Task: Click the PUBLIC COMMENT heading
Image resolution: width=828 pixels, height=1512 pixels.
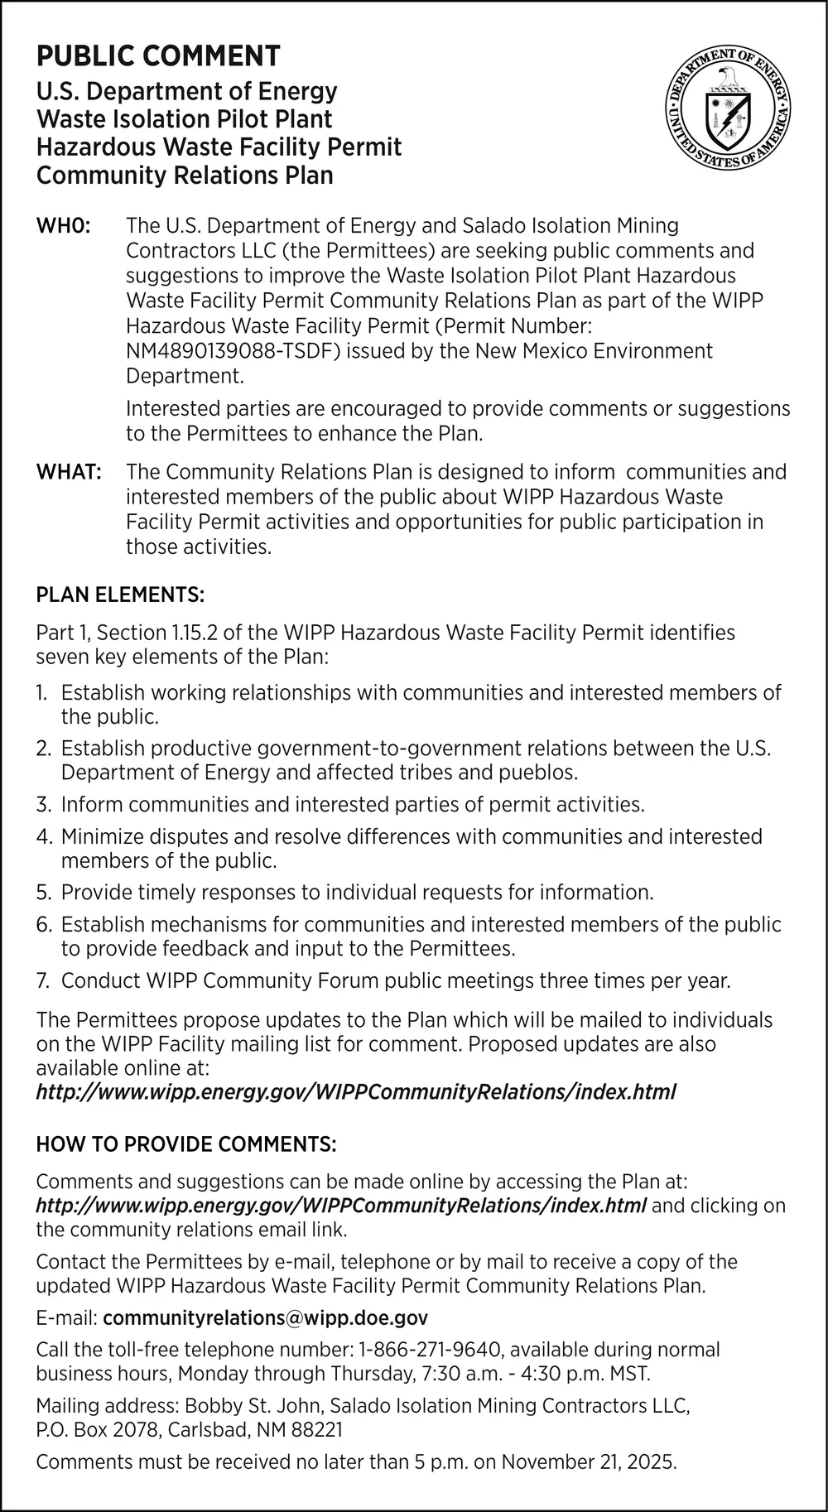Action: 158,56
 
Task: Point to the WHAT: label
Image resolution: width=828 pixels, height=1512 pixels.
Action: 69,472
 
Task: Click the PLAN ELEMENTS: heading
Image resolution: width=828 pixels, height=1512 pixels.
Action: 120,595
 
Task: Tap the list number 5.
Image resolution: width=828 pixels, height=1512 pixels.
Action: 44,893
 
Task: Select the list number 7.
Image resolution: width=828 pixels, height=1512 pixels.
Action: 43,981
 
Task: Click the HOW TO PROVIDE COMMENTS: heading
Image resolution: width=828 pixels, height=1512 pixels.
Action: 186,1144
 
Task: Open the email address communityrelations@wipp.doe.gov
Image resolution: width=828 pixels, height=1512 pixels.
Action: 265,1317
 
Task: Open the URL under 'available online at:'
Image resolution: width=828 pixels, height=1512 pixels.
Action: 356,1092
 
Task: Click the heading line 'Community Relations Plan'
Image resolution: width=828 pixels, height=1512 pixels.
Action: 185,176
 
